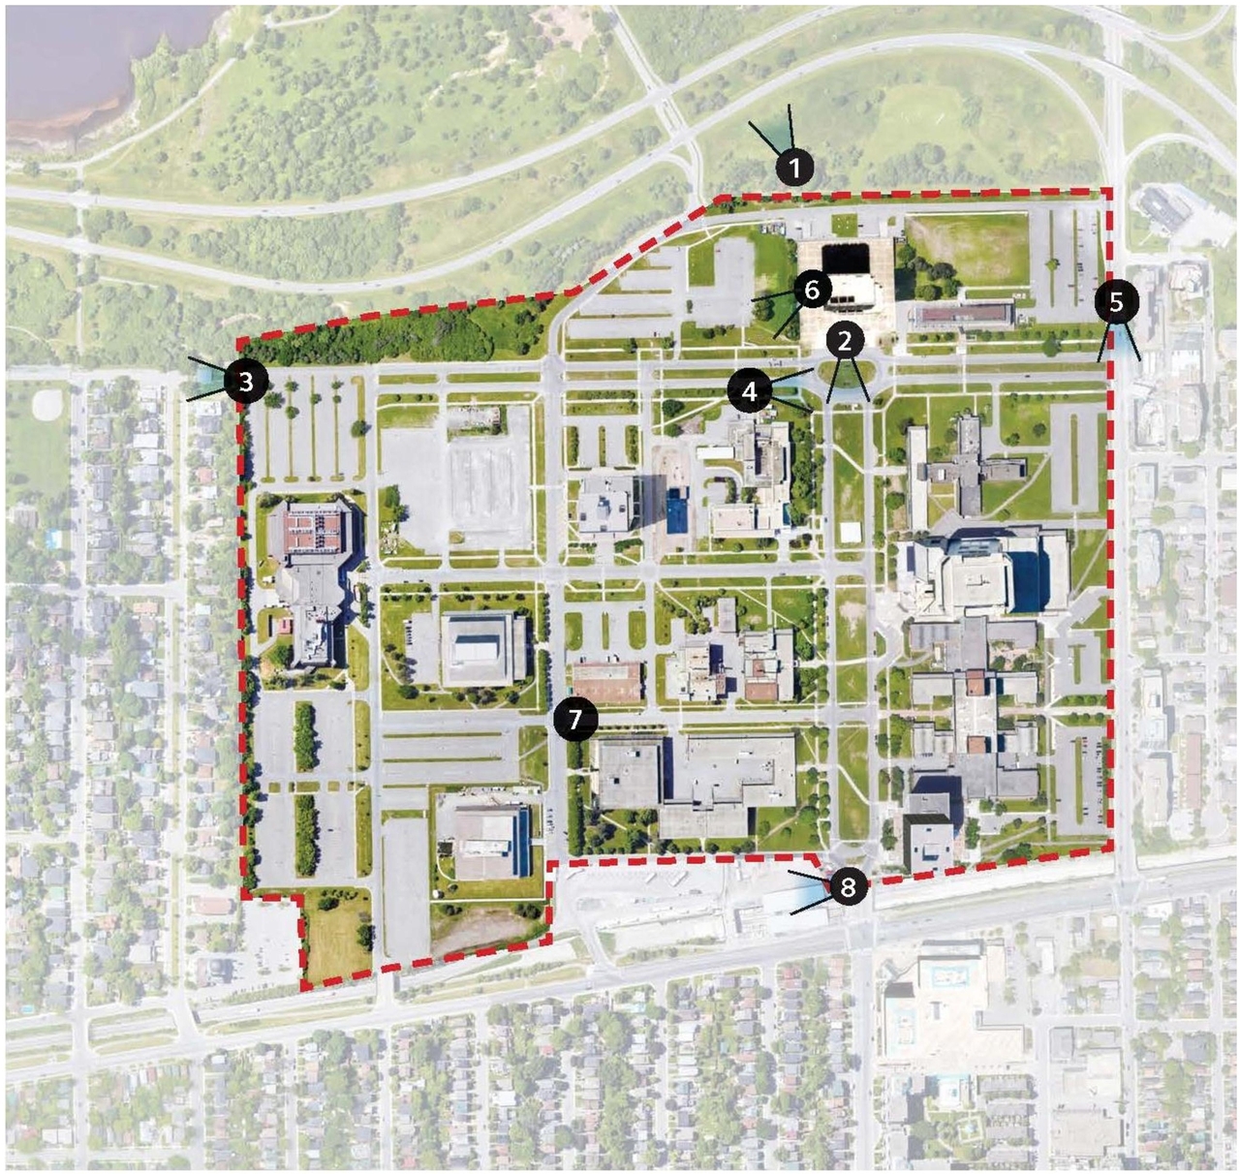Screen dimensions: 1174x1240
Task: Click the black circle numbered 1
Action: (794, 169)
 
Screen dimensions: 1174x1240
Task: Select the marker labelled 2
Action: (845, 340)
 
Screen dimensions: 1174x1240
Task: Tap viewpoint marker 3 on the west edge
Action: (246, 381)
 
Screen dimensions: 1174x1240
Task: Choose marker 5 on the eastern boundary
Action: (1116, 302)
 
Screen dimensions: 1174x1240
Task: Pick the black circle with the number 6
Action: (812, 289)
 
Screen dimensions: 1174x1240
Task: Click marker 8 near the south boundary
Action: (849, 887)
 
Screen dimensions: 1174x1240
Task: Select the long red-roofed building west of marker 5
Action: (962, 315)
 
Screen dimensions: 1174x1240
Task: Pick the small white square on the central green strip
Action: (851, 532)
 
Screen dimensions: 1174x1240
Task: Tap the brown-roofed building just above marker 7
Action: (606, 682)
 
